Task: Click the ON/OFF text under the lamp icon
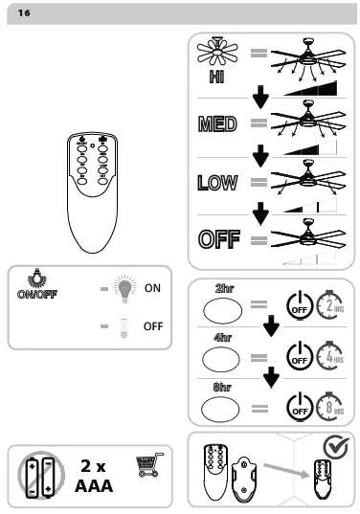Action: pyautogui.click(x=37, y=294)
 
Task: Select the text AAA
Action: pyautogui.click(x=94, y=486)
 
